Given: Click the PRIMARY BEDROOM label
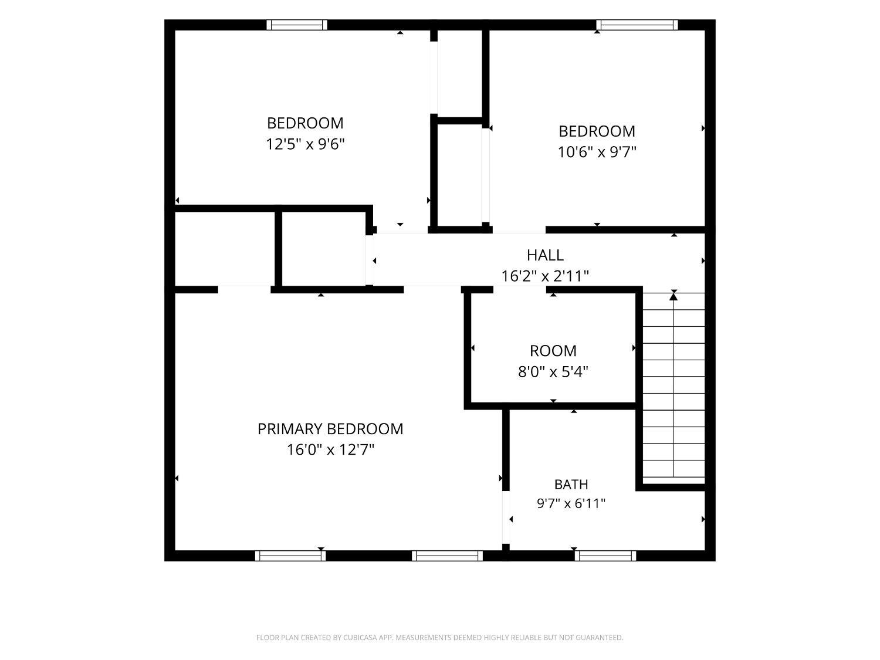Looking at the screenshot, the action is (x=330, y=429).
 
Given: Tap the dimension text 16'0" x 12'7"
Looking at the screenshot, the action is (x=330, y=449).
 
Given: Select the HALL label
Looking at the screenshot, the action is (x=545, y=255).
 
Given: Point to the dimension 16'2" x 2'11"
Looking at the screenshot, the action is (x=545, y=276).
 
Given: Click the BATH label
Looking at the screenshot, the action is (x=571, y=484).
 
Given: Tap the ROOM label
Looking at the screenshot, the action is (x=553, y=351).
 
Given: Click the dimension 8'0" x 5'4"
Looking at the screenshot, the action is (x=553, y=372).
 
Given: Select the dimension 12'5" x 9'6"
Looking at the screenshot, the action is (x=305, y=144).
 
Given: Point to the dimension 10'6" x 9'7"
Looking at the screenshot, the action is (x=597, y=153).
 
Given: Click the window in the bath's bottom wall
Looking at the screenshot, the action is (x=605, y=556).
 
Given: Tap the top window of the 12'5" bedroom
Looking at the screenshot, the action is (x=297, y=25).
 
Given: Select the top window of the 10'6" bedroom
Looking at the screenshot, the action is (x=637, y=25).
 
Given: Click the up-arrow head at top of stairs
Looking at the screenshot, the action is (x=673, y=296).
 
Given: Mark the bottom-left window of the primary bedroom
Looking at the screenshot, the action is (x=290, y=556).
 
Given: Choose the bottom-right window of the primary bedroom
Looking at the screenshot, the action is (x=447, y=556).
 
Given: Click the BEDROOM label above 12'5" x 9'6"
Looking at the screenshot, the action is (x=305, y=123).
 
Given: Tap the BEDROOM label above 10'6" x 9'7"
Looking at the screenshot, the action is (x=597, y=131).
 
